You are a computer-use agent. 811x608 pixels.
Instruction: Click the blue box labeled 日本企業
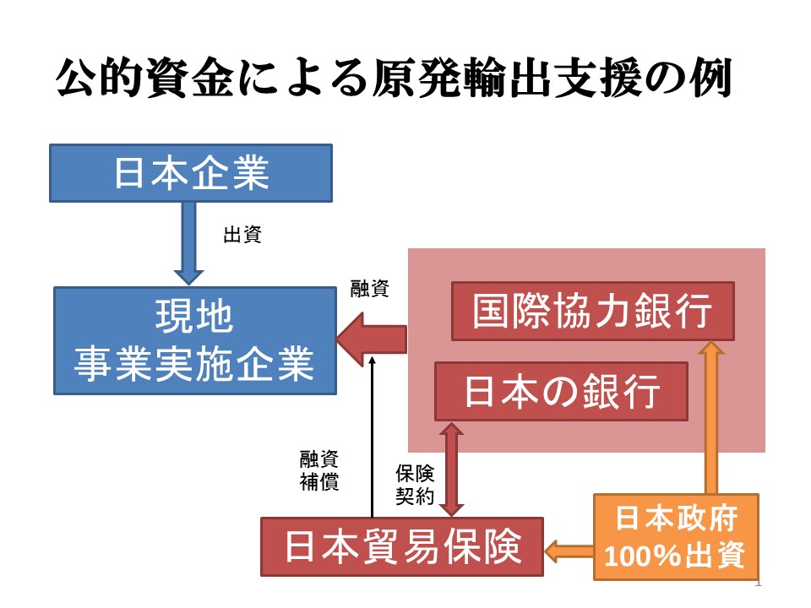pyautogui.click(x=191, y=173)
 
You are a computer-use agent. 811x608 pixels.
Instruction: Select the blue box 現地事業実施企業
pyautogui.click(x=195, y=340)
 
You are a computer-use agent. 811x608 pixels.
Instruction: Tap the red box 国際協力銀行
pyautogui.click(x=593, y=312)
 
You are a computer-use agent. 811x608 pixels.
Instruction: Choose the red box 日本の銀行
pyautogui.click(x=561, y=391)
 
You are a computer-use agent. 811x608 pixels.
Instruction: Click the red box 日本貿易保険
pyautogui.click(x=402, y=546)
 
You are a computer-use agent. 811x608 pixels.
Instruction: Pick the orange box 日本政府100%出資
pyautogui.click(x=676, y=537)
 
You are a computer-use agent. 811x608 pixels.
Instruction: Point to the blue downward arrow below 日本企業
pyautogui.click(x=188, y=243)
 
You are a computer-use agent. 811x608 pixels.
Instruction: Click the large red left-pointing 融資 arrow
pyautogui.click(x=372, y=339)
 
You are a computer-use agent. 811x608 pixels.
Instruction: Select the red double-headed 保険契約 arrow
pyautogui.click(x=451, y=470)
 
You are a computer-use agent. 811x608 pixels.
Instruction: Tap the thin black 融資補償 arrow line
pyautogui.click(x=372, y=437)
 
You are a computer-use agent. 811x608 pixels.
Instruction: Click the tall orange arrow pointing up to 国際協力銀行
pyautogui.click(x=711, y=417)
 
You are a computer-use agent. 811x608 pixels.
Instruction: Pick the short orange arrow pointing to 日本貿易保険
pyautogui.click(x=569, y=551)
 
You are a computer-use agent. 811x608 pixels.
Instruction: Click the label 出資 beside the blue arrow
pyautogui.click(x=242, y=235)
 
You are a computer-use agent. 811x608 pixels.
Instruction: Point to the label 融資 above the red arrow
pyautogui.click(x=369, y=289)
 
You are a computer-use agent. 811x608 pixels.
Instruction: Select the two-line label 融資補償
pyautogui.click(x=319, y=470)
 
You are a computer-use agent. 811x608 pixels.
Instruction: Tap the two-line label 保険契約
pyautogui.click(x=415, y=485)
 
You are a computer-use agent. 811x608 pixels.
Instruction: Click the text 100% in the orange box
pyautogui.click(x=642, y=556)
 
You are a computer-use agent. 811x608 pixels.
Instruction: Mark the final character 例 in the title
pyautogui.click(x=710, y=78)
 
